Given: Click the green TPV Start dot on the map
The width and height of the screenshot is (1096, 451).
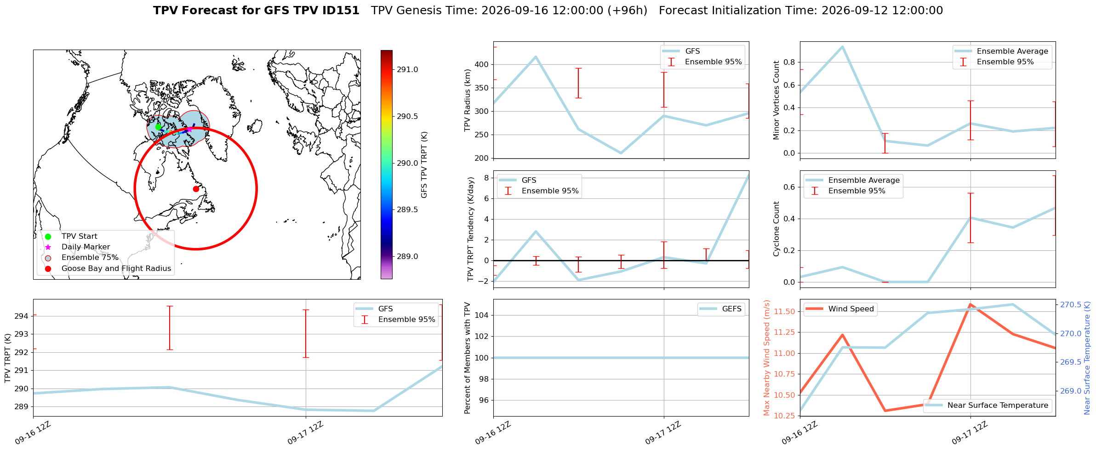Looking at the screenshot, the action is (158, 127).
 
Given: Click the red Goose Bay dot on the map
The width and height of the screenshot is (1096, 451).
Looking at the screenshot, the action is (196, 189).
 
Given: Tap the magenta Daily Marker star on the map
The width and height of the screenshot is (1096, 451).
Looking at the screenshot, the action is (189, 130).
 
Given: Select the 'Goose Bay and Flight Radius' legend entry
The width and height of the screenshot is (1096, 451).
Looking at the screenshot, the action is (108, 268).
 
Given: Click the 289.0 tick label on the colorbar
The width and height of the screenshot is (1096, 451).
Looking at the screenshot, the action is (407, 256).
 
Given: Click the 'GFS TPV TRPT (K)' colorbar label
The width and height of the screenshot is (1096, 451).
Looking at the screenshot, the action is (424, 165).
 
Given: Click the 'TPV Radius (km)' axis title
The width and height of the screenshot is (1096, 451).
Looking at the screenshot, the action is (468, 100).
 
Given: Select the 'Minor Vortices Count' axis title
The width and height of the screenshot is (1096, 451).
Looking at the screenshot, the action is (776, 100).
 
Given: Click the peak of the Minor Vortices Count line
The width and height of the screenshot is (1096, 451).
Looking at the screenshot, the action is (842, 46).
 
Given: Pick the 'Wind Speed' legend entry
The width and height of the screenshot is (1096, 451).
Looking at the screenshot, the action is (840, 309).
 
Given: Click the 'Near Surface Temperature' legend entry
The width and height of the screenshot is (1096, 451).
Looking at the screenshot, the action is (988, 405).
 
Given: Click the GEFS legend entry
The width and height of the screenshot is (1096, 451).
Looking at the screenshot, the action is (720, 309).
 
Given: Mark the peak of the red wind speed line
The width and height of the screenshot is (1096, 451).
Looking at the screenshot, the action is (970, 304).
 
